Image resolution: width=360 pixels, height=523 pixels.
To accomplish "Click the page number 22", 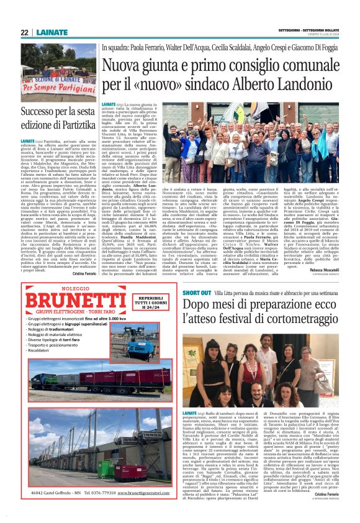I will coord(24,32).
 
